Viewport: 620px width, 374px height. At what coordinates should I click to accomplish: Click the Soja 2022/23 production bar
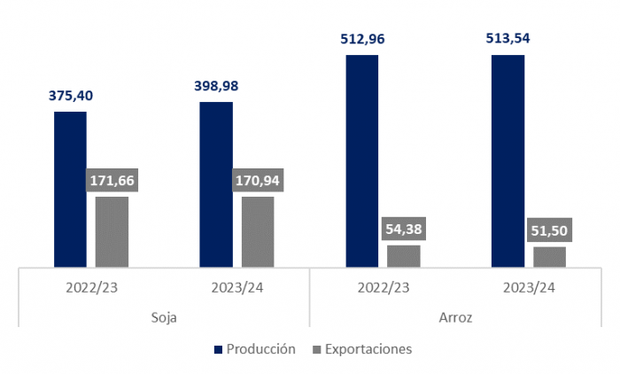(x=70, y=189)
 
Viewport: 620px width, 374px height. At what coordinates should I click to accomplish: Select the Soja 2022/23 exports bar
(x=112, y=231)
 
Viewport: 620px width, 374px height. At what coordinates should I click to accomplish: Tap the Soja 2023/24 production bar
(x=216, y=184)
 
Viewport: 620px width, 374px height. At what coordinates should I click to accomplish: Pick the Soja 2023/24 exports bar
(x=258, y=231)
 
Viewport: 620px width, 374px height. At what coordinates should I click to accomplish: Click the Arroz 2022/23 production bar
(x=362, y=160)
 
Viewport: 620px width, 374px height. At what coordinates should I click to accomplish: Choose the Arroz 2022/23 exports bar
(x=404, y=255)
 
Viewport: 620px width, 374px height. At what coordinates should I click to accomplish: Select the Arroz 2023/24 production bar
(x=508, y=160)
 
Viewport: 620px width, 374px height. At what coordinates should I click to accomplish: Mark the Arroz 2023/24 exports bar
(x=549, y=256)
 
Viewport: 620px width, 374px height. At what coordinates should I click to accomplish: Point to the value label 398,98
(x=216, y=86)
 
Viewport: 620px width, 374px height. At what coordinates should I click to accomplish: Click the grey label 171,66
(x=112, y=181)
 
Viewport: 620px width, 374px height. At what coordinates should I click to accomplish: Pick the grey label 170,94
(x=258, y=181)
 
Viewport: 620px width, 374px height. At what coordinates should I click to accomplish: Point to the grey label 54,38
(x=404, y=230)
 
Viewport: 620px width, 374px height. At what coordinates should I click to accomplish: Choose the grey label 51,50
(x=549, y=230)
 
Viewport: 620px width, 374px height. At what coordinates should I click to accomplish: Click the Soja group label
(x=165, y=316)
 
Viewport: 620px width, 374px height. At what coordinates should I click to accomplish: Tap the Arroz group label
(x=455, y=316)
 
